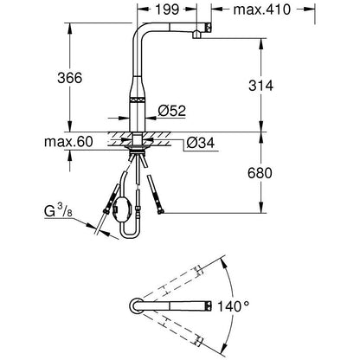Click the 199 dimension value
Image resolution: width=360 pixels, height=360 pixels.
point(167,10)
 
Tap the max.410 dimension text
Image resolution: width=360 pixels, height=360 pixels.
point(261,10)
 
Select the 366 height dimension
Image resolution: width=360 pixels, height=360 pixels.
point(69,78)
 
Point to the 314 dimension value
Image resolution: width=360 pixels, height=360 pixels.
point(260,86)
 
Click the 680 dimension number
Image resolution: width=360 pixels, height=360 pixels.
point(260,173)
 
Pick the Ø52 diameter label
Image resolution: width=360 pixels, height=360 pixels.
point(172,110)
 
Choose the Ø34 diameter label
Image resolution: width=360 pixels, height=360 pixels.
point(201,143)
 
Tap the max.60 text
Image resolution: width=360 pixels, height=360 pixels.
point(68,142)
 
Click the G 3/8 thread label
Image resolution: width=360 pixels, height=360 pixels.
point(58,210)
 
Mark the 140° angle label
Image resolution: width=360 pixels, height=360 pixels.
point(233,306)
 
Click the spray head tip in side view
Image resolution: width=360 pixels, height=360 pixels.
point(209,27)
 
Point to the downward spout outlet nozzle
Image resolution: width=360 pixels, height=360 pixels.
point(196,35)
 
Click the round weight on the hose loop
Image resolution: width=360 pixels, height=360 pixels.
point(122,208)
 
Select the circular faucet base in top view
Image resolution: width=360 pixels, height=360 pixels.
point(136,305)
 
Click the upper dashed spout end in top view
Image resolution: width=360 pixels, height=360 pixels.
point(198,270)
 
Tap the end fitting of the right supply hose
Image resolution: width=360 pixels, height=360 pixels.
point(160,212)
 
